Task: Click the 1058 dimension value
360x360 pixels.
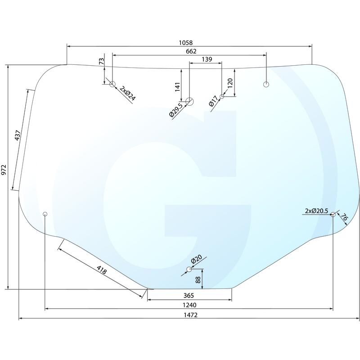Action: pyautogui.click(x=186, y=43)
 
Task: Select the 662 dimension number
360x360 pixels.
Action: pyautogui.click(x=191, y=51)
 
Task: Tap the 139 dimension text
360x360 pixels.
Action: pyautogui.click(x=207, y=59)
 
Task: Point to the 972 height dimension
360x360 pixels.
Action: pyautogui.click(x=4, y=170)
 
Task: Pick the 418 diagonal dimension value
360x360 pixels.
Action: pyautogui.click(x=102, y=270)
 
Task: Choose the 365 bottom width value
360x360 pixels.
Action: pyautogui.click(x=189, y=296)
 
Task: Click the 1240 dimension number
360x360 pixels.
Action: pyautogui.click(x=189, y=305)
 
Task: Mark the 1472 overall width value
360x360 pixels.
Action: pyautogui.click(x=190, y=315)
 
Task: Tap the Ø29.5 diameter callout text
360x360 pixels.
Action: pyautogui.click(x=176, y=110)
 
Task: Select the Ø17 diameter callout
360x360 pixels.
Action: pyautogui.click(x=213, y=101)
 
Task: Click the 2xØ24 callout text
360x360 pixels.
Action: pyautogui.click(x=128, y=94)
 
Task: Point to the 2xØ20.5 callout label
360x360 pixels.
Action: pyautogui.click(x=317, y=211)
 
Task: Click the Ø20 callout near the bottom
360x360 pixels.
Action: pyautogui.click(x=196, y=259)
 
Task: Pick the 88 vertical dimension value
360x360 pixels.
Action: pyautogui.click(x=198, y=279)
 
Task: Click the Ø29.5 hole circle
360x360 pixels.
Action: pyautogui.click(x=189, y=101)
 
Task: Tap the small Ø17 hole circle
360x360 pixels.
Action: pyautogui.click(x=222, y=96)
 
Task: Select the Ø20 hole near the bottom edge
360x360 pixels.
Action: pyautogui.click(x=189, y=269)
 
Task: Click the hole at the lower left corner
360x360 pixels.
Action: pyautogui.click(x=45, y=214)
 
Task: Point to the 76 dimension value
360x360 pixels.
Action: pyautogui.click(x=343, y=217)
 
